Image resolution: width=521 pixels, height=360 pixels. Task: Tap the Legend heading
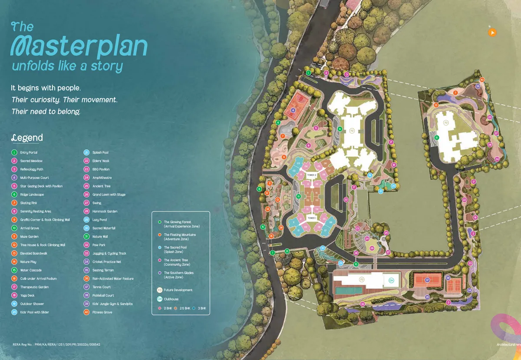pyautogui.click(x=27, y=138)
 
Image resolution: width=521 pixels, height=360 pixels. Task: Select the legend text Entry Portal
pyautogui.click(x=29, y=152)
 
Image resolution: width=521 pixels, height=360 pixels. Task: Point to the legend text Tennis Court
pyautogui.click(x=102, y=287)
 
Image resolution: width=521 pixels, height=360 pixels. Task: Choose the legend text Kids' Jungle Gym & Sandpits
pyautogui.click(x=112, y=304)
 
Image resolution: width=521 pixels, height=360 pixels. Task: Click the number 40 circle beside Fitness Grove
pyautogui.click(x=87, y=312)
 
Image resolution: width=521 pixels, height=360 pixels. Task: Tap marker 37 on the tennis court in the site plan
pyautogui.click(x=427, y=280)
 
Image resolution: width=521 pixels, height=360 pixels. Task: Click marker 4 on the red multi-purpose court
pyautogui.click(x=293, y=110)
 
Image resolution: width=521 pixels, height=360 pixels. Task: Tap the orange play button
pyautogui.click(x=492, y=32)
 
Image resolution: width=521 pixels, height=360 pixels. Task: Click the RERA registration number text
pyautogui.click(x=56, y=344)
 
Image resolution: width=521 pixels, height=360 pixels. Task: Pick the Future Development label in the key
pyautogui.click(x=178, y=290)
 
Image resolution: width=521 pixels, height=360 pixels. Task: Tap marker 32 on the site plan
pyautogui.click(x=363, y=304)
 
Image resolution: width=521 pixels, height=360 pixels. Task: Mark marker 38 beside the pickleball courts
pyautogui.click(x=448, y=277)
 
